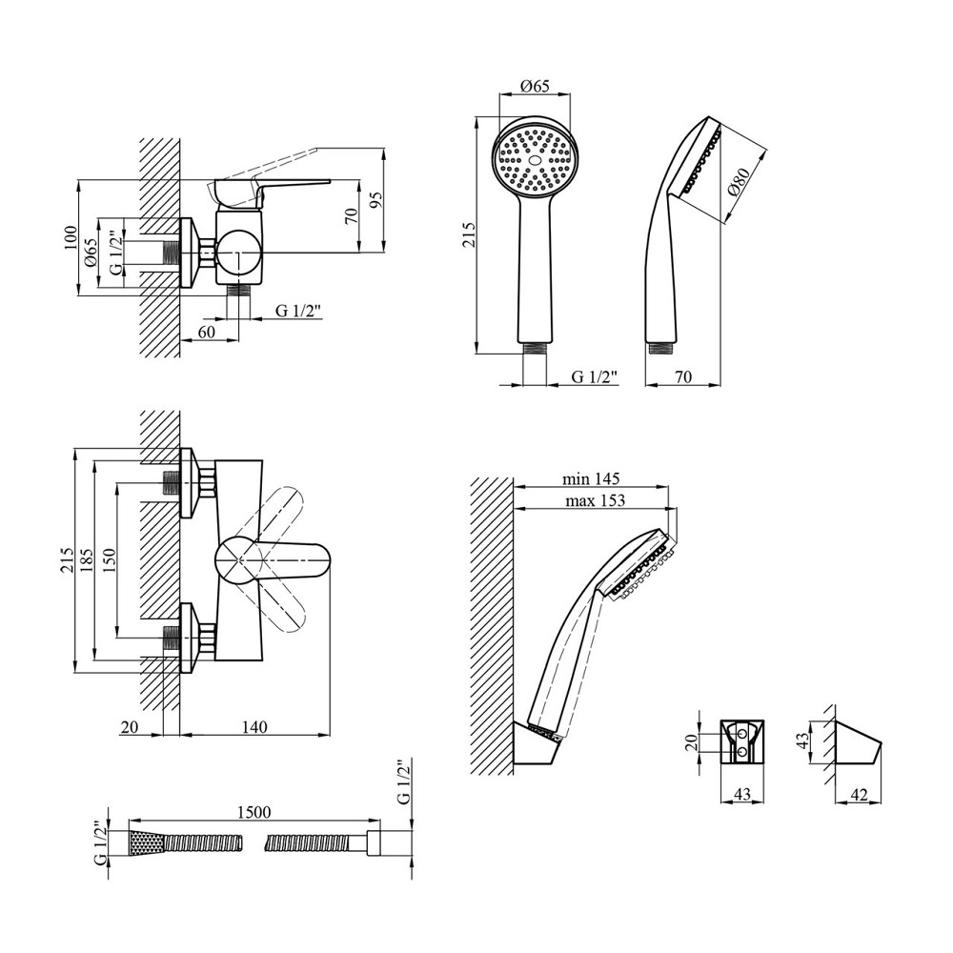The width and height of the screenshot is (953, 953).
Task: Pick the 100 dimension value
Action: click(69, 237)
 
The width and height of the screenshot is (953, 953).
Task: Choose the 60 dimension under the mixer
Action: click(207, 332)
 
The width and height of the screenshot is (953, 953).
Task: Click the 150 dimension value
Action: click(110, 559)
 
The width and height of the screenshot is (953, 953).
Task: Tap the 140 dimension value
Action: click(253, 726)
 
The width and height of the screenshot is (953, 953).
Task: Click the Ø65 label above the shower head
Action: click(535, 87)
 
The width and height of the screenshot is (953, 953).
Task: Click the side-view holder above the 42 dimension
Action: click(853, 743)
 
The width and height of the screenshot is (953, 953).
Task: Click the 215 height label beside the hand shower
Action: click(468, 234)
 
